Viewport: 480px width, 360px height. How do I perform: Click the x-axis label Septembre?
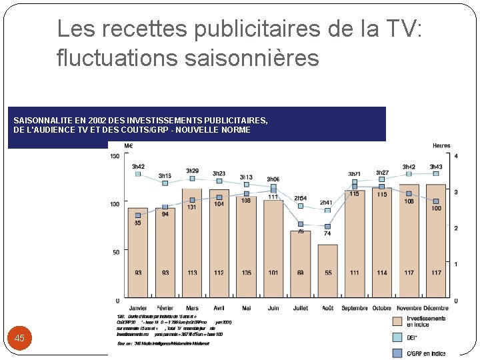[x=355, y=308]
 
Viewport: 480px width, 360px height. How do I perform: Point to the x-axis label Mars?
[x=192, y=308]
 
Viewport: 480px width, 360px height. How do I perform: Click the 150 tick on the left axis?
[x=115, y=156]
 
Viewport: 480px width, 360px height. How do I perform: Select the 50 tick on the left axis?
[x=117, y=252]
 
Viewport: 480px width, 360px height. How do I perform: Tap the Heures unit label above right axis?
[x=441, y=145]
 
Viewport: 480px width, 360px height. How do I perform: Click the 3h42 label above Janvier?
[x=138, y=166]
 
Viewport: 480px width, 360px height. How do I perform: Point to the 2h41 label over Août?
[x=326, y=203]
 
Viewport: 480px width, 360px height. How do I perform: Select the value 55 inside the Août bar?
[x=327, y=273]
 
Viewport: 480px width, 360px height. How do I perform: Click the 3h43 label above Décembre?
[x=436, y=167]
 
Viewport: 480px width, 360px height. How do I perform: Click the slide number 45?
[x=19, y=339]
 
